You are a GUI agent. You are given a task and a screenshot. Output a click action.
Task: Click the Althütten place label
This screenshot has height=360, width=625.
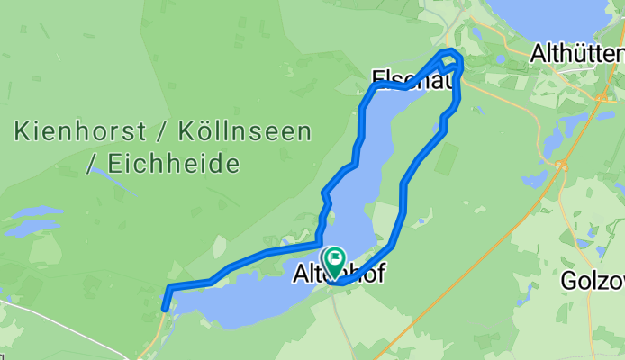coord(577,53)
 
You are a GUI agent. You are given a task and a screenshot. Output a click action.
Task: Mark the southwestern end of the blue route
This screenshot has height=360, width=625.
coord(165,308)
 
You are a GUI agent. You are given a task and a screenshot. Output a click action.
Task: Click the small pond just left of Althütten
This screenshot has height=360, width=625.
coord(501,59)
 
